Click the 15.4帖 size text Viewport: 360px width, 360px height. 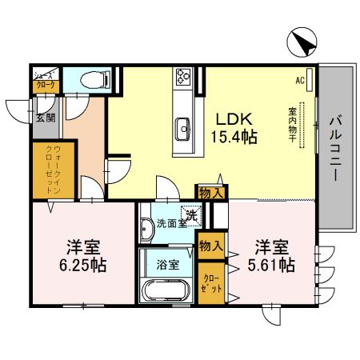(x=234, y=136)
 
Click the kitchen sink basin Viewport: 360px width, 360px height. (x=183, y=126)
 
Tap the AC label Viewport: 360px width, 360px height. (x=299, y=81)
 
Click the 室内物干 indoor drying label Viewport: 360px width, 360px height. (x=293, y=126)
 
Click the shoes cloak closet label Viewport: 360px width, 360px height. (x=44, y=78)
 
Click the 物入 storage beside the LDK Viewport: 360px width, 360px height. (x=211, y=192)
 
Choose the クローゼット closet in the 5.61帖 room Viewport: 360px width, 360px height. (x=212, y=281)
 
